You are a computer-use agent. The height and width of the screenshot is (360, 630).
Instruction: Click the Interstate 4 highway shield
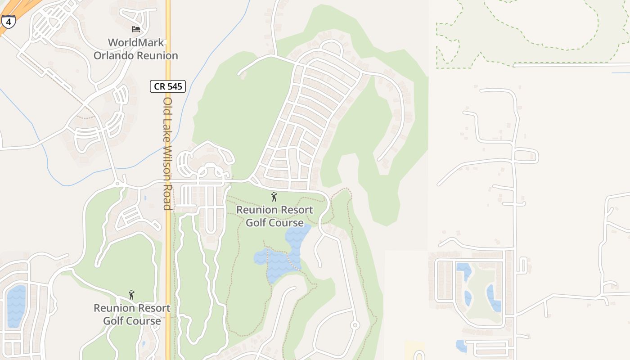point(8,21)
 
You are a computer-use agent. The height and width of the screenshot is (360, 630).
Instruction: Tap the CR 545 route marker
point(167,86)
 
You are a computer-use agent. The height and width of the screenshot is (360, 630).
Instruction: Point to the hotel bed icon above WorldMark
point(135,29)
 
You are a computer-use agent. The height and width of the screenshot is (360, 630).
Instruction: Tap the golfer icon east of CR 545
point(274,197)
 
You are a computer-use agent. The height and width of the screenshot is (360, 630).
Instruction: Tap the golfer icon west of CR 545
point(131,295)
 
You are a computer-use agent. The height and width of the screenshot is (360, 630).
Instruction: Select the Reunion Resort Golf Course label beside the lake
point(274,216)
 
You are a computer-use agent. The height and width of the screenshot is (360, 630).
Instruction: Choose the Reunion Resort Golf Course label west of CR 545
point(132,315)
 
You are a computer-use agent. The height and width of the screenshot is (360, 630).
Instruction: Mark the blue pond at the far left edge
point(16,306)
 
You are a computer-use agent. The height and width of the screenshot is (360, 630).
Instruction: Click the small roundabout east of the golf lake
point(355,325)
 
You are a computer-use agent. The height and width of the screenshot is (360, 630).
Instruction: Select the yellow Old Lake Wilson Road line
point(168,270)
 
